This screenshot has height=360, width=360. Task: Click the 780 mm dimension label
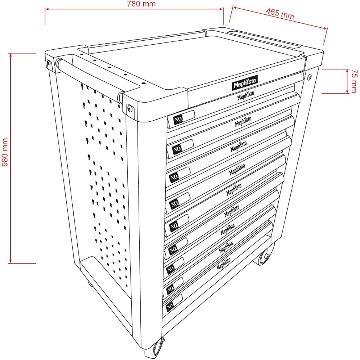(x=141, y=4)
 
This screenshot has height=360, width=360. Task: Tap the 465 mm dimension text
(x=280, y=14)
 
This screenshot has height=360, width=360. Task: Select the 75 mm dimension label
(x=354, y=81)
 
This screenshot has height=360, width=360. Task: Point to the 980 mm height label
(x=5, y=152)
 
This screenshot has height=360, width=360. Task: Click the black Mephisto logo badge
(x=245, y=83)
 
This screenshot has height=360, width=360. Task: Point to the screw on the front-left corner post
(x=130, y=108)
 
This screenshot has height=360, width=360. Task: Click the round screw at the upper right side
(x=310, y=77)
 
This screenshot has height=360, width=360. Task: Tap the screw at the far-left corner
(x=49, y=63)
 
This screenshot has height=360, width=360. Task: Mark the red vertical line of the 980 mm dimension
(x=10, y=158)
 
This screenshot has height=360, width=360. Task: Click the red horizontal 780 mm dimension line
(x=134, y=9)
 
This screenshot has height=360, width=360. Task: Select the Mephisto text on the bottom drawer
(x=224, y=264)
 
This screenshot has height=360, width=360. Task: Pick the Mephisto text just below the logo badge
(x=246, y=95)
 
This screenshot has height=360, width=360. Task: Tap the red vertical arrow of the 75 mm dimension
(x=347, y=81)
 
